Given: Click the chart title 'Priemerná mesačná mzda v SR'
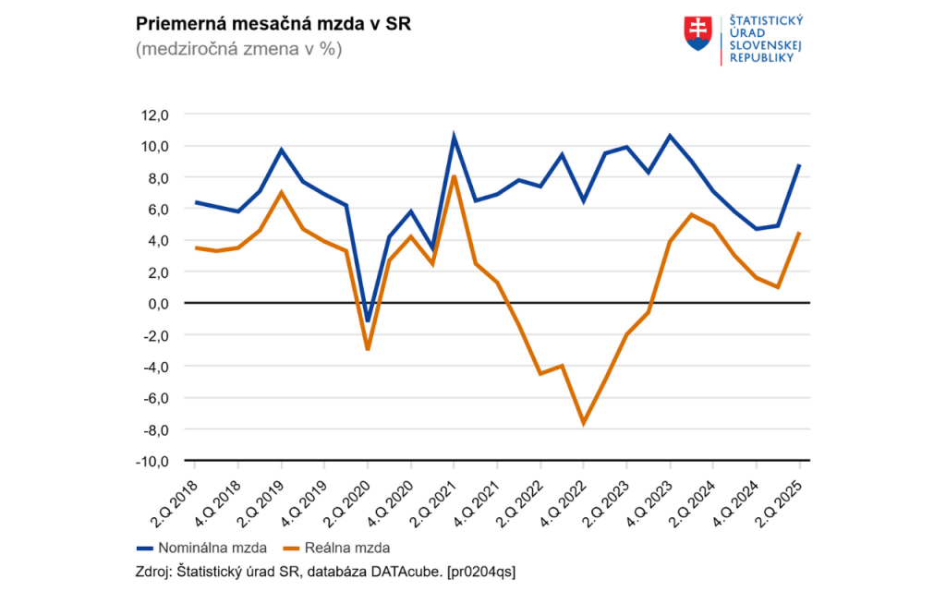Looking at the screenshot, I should [273, 24].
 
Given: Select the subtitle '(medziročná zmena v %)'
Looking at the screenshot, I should [238, 50].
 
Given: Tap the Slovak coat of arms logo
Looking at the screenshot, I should [697, 32].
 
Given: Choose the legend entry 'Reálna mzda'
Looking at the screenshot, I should [340, 548].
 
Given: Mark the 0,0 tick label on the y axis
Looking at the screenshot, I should [155, 303].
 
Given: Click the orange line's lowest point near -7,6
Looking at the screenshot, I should [584, 423].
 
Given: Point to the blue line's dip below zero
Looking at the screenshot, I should [368, 321].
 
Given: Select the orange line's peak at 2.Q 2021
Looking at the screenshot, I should [454, 175].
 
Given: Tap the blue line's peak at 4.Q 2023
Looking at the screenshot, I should [670, 136].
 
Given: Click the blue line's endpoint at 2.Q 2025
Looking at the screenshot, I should [799, 165].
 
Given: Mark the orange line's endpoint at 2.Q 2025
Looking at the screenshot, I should [799, 233].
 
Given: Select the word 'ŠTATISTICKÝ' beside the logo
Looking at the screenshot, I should [766, 20].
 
